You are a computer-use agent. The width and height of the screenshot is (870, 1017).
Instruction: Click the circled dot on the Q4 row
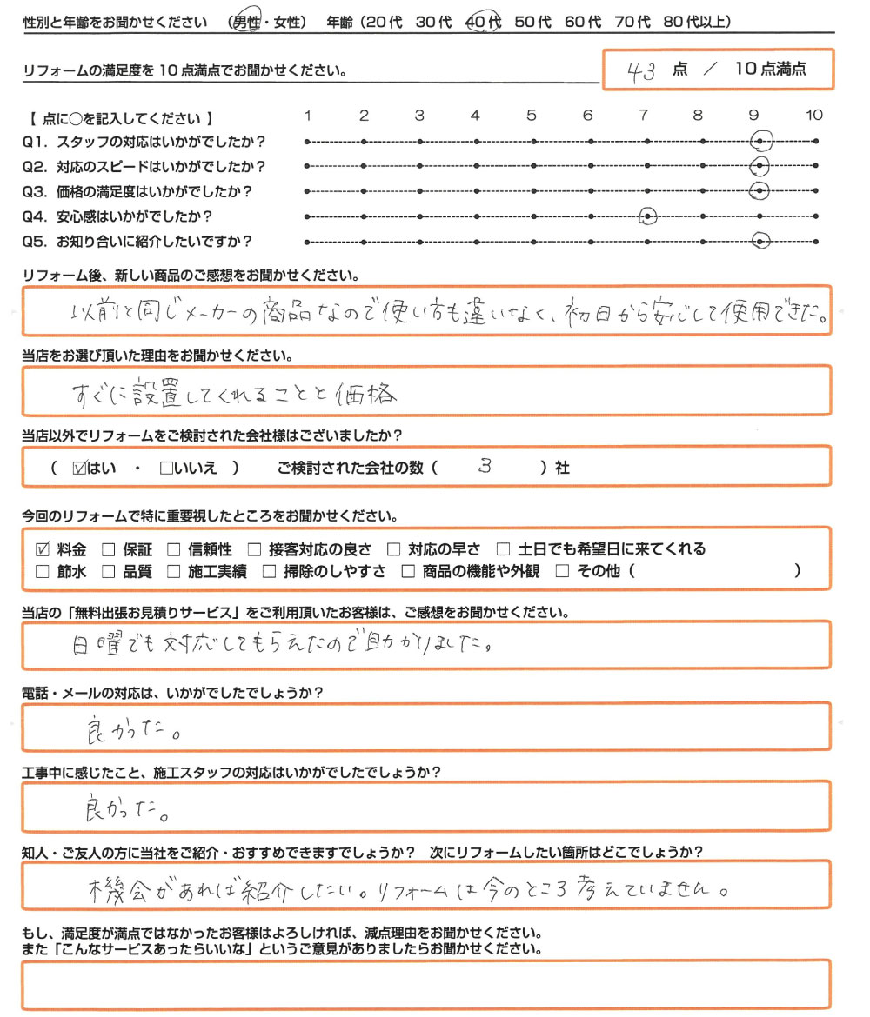(x=647, y=216)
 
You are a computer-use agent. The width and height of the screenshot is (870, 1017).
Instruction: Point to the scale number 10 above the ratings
(x=814, y=115)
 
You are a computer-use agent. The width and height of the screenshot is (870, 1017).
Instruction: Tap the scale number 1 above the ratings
(x=308, y=115)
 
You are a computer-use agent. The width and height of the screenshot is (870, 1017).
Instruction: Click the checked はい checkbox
(x=79, y=468)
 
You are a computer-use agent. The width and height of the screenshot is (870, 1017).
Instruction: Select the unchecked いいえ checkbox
(x=166, y=468)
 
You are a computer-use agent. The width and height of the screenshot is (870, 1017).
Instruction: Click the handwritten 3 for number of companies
(x=485, y=466)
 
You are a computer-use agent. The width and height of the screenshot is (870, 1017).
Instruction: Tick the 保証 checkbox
(x=108, y=549)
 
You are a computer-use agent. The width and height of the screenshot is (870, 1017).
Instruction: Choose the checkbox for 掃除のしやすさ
(x=269, y=572)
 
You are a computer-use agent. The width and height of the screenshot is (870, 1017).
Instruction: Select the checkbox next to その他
(x=561, y=572)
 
